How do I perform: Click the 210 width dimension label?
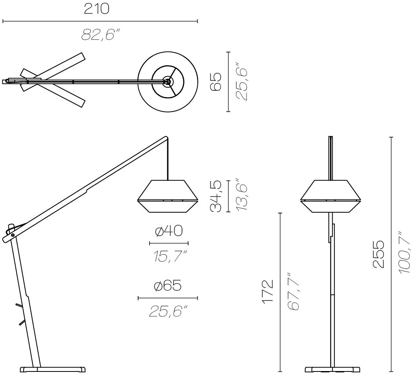click(97, 9)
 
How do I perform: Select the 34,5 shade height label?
click(216, 196)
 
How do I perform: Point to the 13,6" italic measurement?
click(241, 195)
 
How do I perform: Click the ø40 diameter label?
click(169, 231)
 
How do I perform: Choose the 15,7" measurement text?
click(170, 256)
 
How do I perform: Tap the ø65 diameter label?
click(168, 285)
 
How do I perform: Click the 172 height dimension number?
click(268, 292)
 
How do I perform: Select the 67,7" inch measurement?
click(294, 291)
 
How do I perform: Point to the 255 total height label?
click(379, 254)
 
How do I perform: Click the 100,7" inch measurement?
click(405, 252)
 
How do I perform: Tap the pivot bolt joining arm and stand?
click(13, 235)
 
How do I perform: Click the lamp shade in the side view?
click(168, 196)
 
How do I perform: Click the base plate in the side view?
click(53, 369)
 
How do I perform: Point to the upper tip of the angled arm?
click(166, 137)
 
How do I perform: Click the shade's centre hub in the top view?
click(167, 82)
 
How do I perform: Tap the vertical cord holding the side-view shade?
click(168, 160)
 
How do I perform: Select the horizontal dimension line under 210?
click(100, 21)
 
